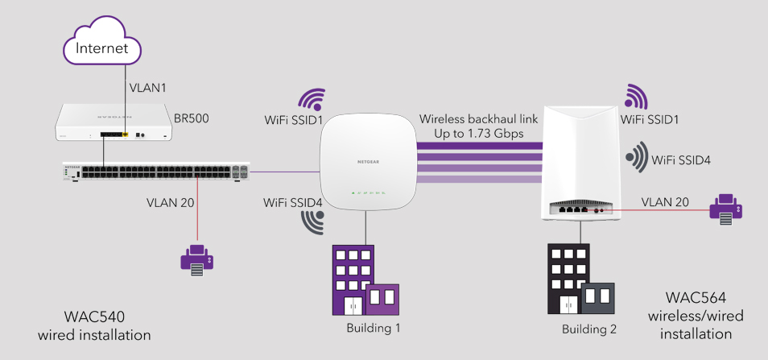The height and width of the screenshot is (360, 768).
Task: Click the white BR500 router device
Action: [114, 124]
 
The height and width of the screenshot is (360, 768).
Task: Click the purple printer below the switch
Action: [196, 260]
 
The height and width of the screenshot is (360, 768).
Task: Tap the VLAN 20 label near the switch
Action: [171, 203]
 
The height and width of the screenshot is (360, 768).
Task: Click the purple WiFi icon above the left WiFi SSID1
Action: [312, 98]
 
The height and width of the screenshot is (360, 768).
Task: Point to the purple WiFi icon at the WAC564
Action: [636, 97]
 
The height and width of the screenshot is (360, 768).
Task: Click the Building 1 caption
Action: [373, 328]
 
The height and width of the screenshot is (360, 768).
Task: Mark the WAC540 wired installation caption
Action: [95, 325]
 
